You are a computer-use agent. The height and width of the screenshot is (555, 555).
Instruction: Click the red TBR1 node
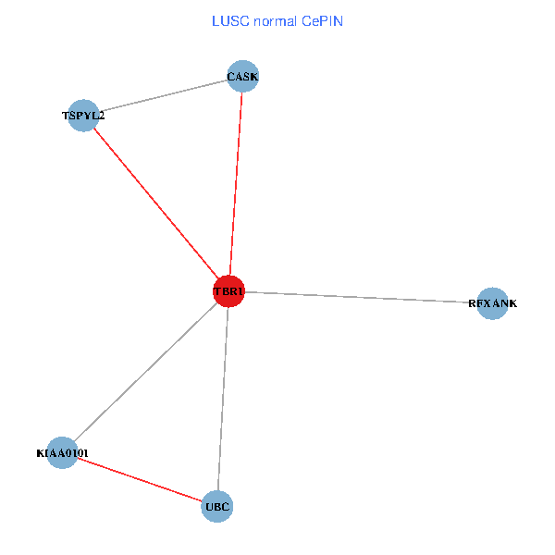pos(228,291)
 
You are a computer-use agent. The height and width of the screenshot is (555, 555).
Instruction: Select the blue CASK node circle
pos(242,77)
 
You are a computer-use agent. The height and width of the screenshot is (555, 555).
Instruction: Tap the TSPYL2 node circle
pos(83,116)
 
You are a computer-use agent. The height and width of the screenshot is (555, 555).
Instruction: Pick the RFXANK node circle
pos(493,303)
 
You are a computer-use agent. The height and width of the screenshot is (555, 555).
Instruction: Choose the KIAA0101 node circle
pos(62,452)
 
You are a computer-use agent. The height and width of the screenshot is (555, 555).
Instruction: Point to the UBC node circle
pos(217,506)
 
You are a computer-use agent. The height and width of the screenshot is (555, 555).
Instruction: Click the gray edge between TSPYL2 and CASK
pos(163,96)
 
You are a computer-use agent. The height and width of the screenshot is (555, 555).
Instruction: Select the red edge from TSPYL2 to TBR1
pos(155,203)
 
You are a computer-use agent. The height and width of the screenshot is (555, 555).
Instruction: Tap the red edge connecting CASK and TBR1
pos(236,184)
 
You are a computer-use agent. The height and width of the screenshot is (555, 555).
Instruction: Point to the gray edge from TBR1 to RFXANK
pos(361,297)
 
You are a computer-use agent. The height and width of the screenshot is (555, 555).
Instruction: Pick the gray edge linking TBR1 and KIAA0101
pos(145,372)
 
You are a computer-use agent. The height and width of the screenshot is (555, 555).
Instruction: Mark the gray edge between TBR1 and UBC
pos(223,399)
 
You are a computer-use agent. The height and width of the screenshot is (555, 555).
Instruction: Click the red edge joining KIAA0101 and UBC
pos(140,479)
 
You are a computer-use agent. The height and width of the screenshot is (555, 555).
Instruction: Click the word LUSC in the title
pos(228,20)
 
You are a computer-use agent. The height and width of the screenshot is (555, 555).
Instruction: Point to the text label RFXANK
pos(493,303)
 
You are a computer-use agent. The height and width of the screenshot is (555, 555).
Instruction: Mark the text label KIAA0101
pos(62,453)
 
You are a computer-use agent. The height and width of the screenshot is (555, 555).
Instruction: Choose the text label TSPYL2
pos(83,116)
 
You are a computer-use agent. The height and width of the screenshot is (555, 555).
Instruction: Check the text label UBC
pos(217,506)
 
